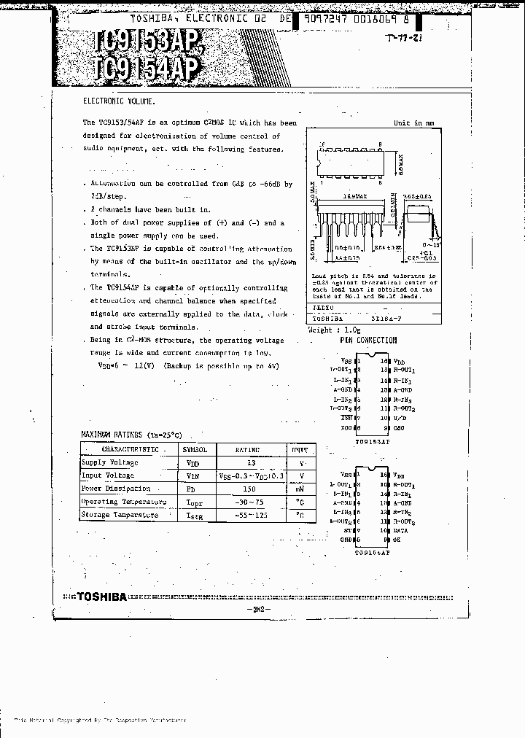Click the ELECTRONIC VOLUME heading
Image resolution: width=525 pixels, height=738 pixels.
119,103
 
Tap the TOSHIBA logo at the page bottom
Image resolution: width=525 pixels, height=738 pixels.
102,596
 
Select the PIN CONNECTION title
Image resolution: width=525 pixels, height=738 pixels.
368,340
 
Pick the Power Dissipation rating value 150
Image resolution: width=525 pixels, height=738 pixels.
249,489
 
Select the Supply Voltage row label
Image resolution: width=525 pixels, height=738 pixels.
109,462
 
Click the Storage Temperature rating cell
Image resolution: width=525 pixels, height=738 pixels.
249,515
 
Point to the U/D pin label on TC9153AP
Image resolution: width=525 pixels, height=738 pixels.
400,418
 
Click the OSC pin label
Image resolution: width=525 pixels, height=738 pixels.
398,427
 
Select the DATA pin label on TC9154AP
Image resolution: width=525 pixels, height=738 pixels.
402,531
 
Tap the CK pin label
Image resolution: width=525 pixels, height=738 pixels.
397,540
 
